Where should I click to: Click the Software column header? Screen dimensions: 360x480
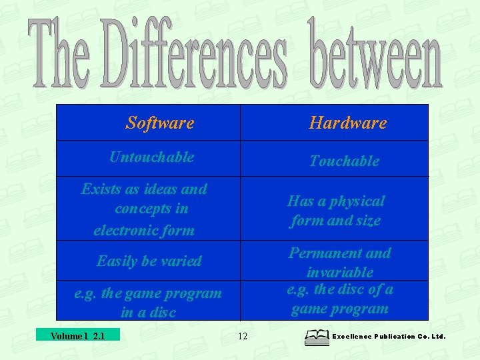(160, 123)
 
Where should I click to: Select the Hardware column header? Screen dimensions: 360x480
(347, 123)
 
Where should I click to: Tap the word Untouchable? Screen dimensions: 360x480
(151, 157)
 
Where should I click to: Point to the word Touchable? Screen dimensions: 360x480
(344, 161)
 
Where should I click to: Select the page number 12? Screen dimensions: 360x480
(242, 336)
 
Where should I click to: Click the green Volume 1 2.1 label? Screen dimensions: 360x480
(78, 335)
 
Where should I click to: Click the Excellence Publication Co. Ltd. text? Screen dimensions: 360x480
(388, 337)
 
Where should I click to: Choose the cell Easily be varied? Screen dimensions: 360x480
(149, 261)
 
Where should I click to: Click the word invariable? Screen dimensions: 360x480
(339, 272)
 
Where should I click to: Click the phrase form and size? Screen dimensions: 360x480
(335, 221)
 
